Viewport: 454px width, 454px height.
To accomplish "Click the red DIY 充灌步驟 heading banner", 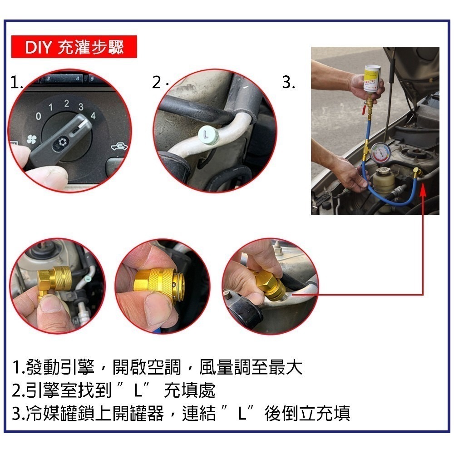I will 74,47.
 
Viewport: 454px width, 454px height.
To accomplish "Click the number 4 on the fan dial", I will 93,115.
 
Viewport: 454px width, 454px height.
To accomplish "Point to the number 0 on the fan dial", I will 39,117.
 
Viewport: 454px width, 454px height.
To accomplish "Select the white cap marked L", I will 207,134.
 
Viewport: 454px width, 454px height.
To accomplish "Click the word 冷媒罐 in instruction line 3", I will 48,414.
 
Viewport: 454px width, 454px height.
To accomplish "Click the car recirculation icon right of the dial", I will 117,147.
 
